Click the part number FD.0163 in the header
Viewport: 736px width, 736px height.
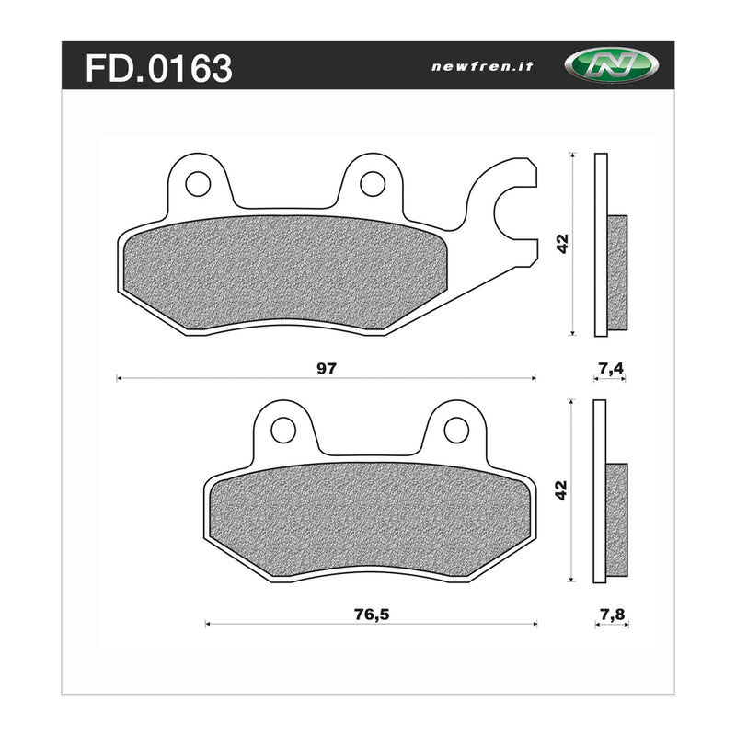[158, 67]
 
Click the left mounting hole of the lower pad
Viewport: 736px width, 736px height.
[283, 430]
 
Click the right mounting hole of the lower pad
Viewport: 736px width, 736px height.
[456, 430]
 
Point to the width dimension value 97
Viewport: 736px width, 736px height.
[326, 368]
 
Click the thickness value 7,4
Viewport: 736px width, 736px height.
[611, 368]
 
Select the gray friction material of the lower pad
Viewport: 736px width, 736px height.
[368, 521]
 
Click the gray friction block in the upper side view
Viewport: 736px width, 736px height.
[617, 271]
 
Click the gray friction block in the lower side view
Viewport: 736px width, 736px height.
[617, 516]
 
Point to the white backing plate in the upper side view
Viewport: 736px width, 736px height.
[601, 184]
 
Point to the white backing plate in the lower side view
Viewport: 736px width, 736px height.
[601, 432]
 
